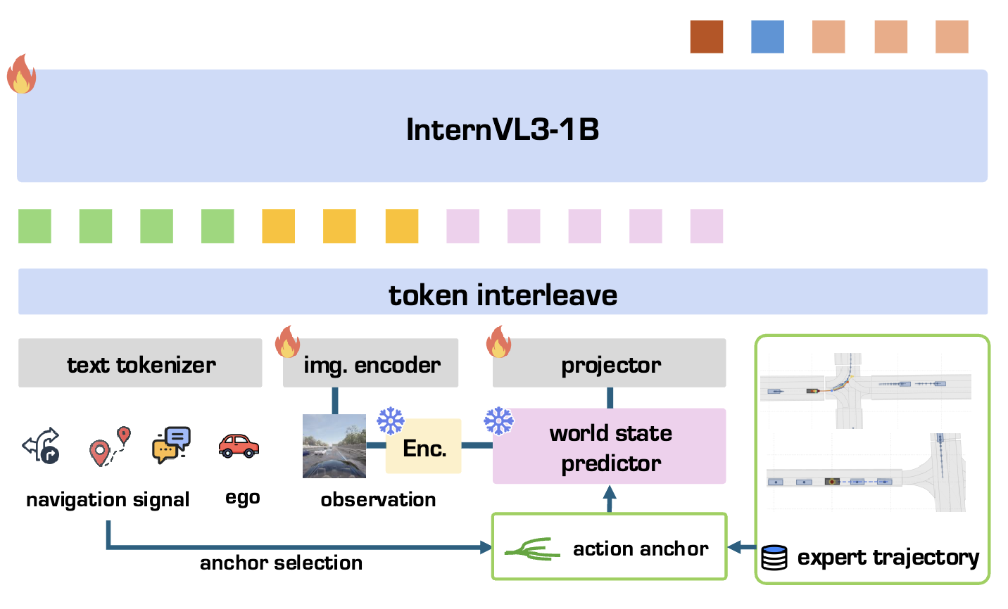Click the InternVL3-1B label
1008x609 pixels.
click(502, 129)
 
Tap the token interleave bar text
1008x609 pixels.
click(503, 295)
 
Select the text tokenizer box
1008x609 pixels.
click(140, 363)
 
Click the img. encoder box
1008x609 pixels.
click(370, 363)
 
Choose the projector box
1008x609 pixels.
click(610, 363)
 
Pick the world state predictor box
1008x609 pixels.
click(610, 446)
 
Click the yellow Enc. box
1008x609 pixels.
click(424, 446)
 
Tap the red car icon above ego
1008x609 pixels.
click(239, 446)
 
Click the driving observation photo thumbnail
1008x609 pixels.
click(334, 446)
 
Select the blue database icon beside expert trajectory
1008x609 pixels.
click(774, 558)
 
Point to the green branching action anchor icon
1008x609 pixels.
click(532, 549)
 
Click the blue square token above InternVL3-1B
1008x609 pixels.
click(767, 37)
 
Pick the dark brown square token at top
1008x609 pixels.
click(707, 37)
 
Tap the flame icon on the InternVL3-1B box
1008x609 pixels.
click(21, 74)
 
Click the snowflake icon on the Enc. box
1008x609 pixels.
click(391, 421)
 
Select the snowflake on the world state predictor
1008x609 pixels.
click(498, 421)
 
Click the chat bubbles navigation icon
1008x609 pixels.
click(172, 444)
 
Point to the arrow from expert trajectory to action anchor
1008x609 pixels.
click(742, 547)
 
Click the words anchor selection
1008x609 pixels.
click(282, 563)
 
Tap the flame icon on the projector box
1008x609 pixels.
click(498, 342)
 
